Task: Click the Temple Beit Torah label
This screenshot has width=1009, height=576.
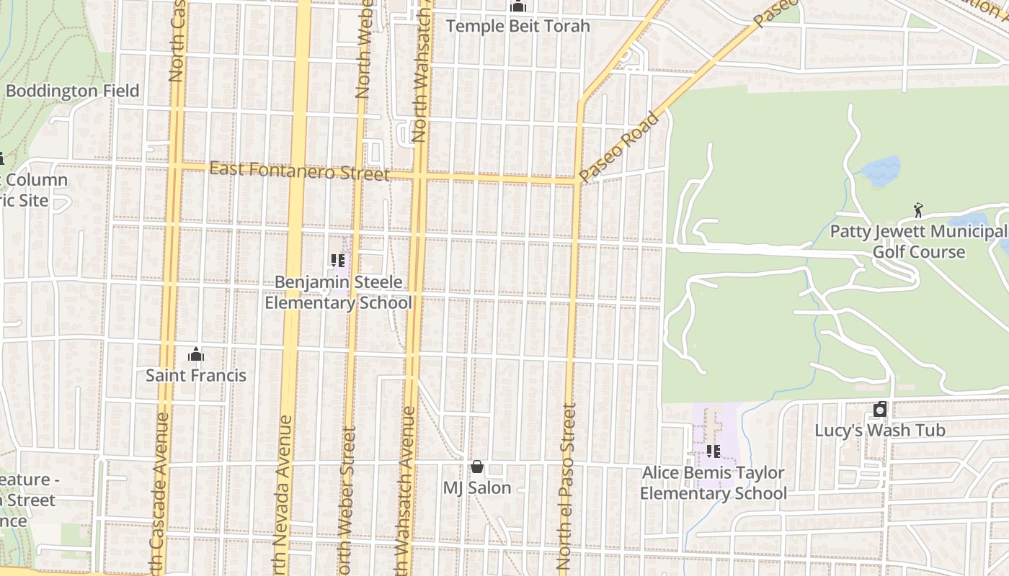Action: click(x=517, y=27)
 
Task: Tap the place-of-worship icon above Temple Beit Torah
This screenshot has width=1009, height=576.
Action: click(x=517, y=6)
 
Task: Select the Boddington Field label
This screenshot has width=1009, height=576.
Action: click(x=72, y=91)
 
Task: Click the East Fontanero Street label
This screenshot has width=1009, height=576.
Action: click(x=299, y=172)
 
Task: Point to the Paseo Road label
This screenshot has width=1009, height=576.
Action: click(x=619, y=147)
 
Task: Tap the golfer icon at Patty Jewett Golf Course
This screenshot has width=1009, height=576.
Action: click(x=917, y=210)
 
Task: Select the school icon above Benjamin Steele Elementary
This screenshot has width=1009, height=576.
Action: click(x=337, y=261)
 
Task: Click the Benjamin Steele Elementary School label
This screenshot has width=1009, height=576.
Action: click(x=338, y=292)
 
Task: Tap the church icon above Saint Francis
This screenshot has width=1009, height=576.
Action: click(x=195, y=354)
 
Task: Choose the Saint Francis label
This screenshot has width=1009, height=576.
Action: click(x=195, y=375)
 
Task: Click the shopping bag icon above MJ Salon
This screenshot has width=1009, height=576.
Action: click(x=476, y=467)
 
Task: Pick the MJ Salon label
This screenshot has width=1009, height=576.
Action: click(x=476, y=487)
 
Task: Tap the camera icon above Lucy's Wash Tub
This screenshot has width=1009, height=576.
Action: click(x=879, y=410)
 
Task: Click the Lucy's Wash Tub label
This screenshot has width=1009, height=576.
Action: click(x=879, y=431)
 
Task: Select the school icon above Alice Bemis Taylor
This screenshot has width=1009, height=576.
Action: click(x=713, y=451)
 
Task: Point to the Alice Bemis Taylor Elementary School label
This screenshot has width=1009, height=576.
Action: click(x=713, y=483)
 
